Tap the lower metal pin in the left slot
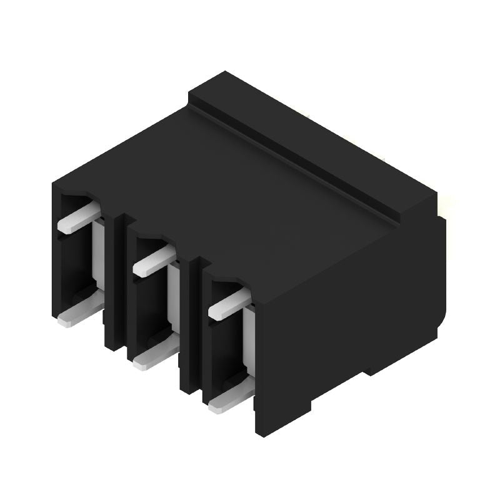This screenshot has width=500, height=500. point(80,313)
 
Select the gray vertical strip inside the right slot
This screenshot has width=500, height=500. point(248,341)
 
